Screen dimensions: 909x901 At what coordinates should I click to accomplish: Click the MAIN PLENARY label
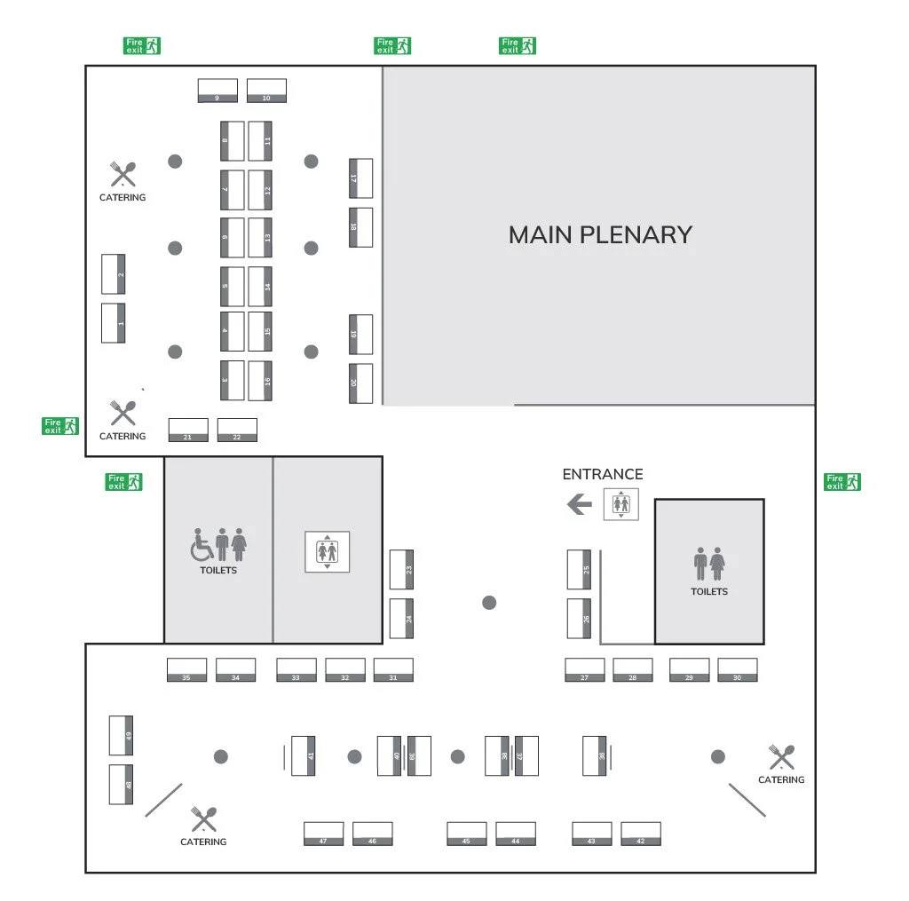point(600,234)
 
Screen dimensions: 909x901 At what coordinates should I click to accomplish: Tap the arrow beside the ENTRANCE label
point(579,505)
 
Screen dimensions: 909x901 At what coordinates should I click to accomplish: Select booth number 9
point(217,91)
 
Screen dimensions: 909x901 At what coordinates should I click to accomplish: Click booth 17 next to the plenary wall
point(360,178)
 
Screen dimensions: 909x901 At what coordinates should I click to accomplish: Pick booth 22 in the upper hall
point(237,431)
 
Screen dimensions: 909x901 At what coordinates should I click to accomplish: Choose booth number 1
point(113,323)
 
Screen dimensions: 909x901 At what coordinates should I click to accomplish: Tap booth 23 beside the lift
point(401,570)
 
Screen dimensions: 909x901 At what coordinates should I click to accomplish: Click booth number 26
point(579,619)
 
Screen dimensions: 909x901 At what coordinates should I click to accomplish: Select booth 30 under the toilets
point(737,670)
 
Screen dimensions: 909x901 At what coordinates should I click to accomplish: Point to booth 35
point(186,670)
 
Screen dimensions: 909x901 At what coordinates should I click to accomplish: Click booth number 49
point(121,735)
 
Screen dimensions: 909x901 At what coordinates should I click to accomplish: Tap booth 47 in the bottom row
point(323,834)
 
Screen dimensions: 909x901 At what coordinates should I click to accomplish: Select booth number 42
point(640,834)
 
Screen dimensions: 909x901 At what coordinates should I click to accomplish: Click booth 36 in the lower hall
point(595,755)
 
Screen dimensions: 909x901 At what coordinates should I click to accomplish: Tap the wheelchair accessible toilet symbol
point(202,546)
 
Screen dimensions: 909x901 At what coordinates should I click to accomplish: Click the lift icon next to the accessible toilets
point(328,552)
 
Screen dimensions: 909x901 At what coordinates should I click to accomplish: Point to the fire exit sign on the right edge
point(842,482)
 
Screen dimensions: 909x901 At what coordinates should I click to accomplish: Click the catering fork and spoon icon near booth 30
point(781,757)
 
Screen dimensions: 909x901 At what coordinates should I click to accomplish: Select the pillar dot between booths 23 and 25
point(489,603)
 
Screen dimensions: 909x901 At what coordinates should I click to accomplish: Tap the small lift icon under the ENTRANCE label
point(620,505)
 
